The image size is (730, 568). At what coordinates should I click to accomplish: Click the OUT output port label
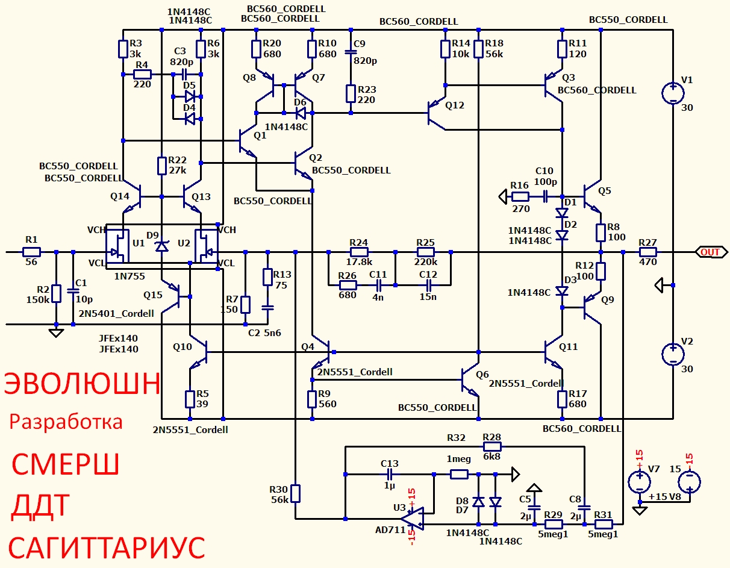(711, 252)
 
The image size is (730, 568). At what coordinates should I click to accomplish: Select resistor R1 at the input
(31, 252)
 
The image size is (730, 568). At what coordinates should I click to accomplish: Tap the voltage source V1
(673, 93)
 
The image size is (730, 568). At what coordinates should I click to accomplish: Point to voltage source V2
(673, 355)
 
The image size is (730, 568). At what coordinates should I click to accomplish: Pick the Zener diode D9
(162, 246)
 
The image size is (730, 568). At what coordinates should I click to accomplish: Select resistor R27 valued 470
(647, 252)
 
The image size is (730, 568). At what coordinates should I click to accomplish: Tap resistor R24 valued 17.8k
(359, 252)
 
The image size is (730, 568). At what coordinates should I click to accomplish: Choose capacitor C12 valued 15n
(428, 286)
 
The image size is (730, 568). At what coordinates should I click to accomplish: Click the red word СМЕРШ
(65, 464)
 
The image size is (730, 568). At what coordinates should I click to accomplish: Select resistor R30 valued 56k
(295, 493)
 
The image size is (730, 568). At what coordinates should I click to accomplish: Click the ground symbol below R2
(56, 333)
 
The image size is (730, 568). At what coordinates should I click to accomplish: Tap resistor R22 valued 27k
(162, 166)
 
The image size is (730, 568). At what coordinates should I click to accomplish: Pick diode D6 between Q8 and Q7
(301, 113)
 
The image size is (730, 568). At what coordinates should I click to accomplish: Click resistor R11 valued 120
(562, 49)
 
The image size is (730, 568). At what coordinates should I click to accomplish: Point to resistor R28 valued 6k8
(492, 446)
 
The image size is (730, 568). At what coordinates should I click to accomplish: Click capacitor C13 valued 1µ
(389, 474)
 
